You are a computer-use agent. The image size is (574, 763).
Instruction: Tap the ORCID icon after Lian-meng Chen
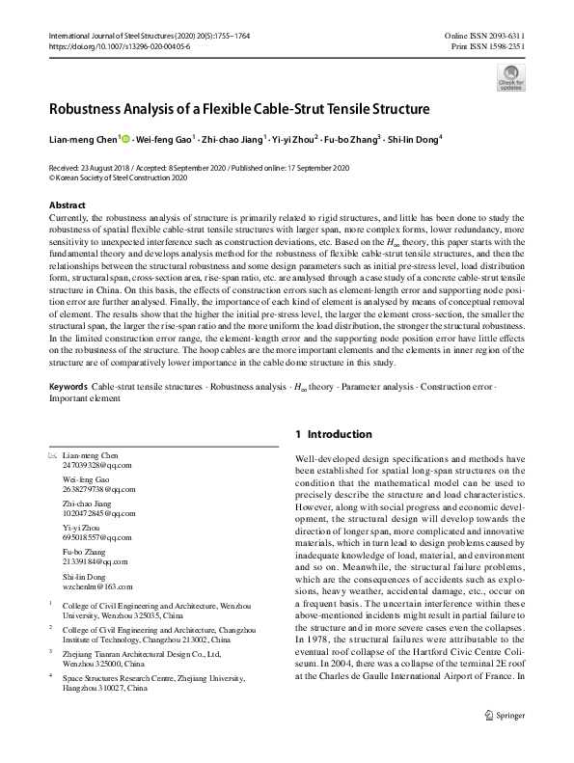click(x=126, y=138)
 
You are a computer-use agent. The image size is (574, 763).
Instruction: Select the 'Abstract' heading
click(x=67, y=205)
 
